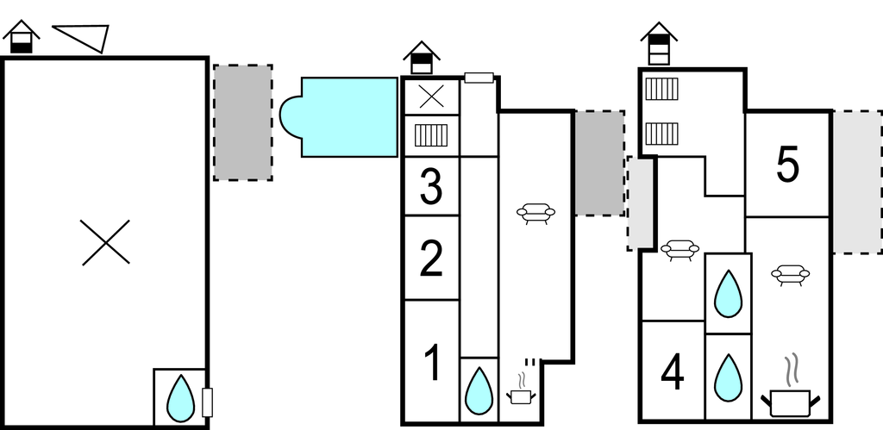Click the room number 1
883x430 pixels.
(x=433, y=362)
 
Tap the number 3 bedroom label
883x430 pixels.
(x=431, y=187)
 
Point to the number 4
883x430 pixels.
(x=673, y=373)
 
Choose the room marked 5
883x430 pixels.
(x=787, y=165)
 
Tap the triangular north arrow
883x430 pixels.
(x=84, y=36)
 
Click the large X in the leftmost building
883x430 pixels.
(x=105, y=241)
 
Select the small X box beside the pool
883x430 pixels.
(x=431, y=97)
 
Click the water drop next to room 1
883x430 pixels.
(x=479, y=389)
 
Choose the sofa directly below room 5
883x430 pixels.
(x=790, y=274)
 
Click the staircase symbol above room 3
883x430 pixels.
(x=431, y=135)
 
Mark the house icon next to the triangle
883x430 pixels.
(x=22, y=37)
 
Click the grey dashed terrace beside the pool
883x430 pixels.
(x=243, y=122)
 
